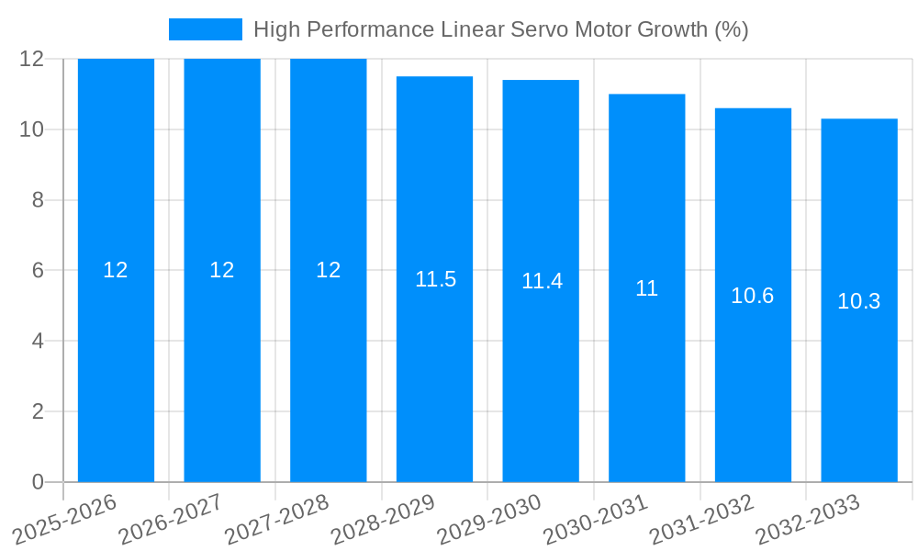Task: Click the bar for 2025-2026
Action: click(x=116, y=367)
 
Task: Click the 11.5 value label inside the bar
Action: click(x=435, y=279)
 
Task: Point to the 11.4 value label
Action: click(x=542, y=281)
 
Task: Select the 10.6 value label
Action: click(x=752, y=296)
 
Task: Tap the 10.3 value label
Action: click(x=858, y=301)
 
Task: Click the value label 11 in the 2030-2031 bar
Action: click(x=646, y=288)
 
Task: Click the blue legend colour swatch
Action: click(x=205, y=29)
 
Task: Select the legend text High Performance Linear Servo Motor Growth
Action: click(x=500, y=29)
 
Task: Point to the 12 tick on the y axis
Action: click(x=31, y=59)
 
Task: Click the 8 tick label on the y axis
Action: click(x=38, y=200)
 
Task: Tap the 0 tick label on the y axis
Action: click(x=38, y=482)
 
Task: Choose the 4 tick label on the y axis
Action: click(x=38, y=341)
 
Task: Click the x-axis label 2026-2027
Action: click(x=171, y=520)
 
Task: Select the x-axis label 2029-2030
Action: click(x=489, y=520)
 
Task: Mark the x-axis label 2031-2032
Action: click(x=701, y=520)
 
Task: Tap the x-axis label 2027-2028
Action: click(x=277, y=520)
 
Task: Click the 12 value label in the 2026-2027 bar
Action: click(x=222, y=270)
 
